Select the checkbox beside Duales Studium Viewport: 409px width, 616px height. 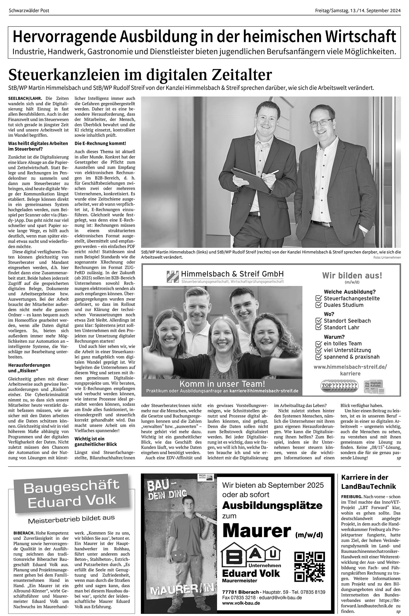[x=319, y=305]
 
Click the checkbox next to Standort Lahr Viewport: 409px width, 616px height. [x=319, y=327]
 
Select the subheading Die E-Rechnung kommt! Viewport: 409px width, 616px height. [x=100, y=144]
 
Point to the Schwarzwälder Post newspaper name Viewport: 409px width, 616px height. [x=29, y=11]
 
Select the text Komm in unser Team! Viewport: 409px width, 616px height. [x=222, y=384]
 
